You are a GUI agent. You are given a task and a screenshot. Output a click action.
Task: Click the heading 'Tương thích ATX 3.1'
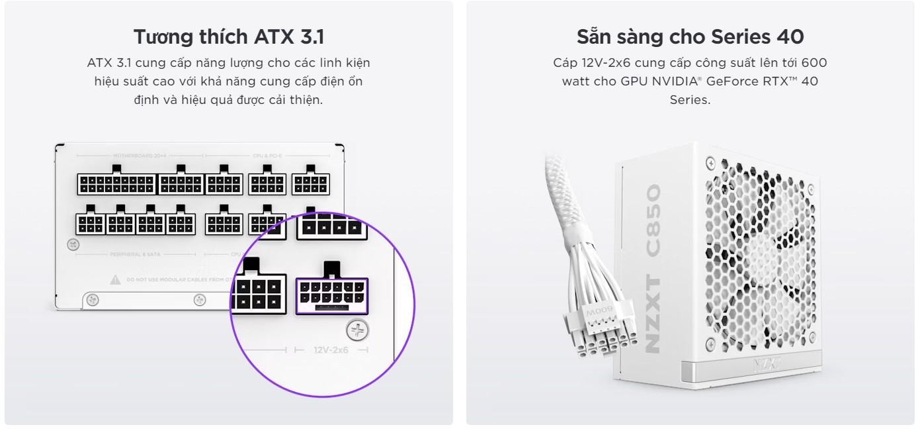[x=228, y=36]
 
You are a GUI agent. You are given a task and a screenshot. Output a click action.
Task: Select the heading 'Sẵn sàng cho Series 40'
[x=690, y=36]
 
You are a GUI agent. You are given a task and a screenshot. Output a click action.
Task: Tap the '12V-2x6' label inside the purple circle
[x=331, y=349]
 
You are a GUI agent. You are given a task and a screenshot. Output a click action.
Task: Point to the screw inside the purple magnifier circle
[x=358, y=330]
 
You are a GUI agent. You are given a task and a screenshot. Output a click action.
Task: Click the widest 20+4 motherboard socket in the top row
[x=116, y=183]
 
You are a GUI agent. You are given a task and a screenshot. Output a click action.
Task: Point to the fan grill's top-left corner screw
[x=710, y=162]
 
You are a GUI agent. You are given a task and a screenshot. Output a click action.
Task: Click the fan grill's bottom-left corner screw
[x=710, y=343]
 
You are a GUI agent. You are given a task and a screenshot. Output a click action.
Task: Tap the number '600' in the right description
[x=814, y=63]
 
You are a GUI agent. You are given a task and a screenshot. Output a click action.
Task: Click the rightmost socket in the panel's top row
[x=310, y=183]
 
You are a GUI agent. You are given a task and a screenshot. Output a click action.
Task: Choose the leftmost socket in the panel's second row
[x=90, y=223]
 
